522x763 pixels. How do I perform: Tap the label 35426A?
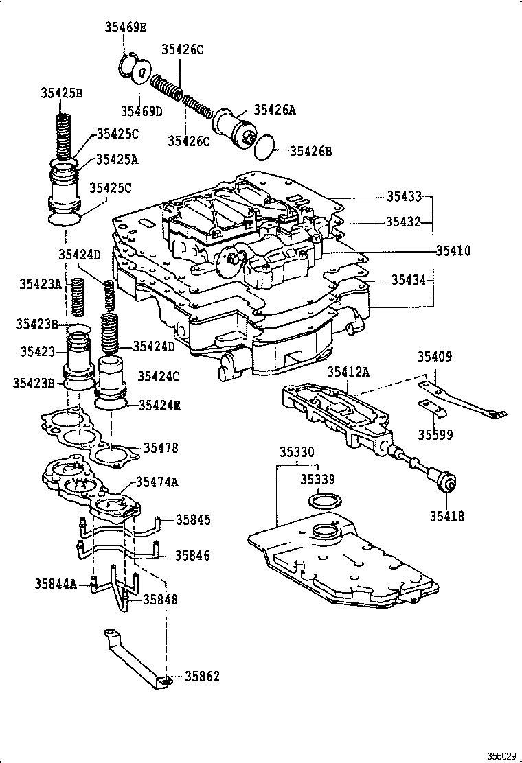coord(275,109)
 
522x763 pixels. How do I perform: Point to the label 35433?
coord(404,196)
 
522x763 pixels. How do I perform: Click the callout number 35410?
coord(453,251)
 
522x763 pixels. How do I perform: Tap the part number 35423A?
coord(40,283)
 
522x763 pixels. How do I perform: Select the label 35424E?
coord(159,406)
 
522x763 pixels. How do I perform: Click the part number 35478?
coord(161,448)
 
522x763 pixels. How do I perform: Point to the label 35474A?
coord(157,482)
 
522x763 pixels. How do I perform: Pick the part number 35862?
coord(202,677)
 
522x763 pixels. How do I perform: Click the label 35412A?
coord(348,372)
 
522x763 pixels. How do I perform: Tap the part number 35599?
coord(435,434)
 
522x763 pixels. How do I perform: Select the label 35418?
coord(447,516)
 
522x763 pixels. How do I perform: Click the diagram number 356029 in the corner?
coord(502,756)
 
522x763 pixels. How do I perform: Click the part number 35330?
coord(297,453)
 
